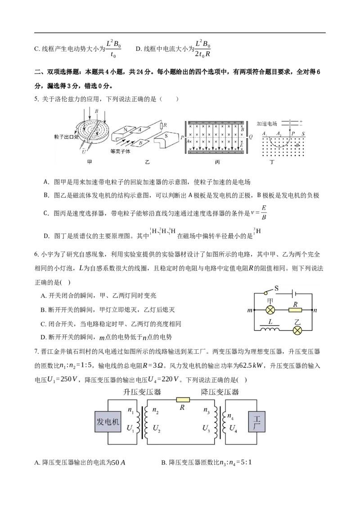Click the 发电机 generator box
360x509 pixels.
point(108,422)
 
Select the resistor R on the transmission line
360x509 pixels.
point(183,399)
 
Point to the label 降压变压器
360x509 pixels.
point(220,392)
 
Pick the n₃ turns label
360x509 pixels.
point(207,410)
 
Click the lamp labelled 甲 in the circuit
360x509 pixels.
point(271,310)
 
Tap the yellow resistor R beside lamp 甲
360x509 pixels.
point(295,310)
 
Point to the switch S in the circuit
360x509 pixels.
point(268,292)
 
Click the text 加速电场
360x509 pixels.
point(267,123)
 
